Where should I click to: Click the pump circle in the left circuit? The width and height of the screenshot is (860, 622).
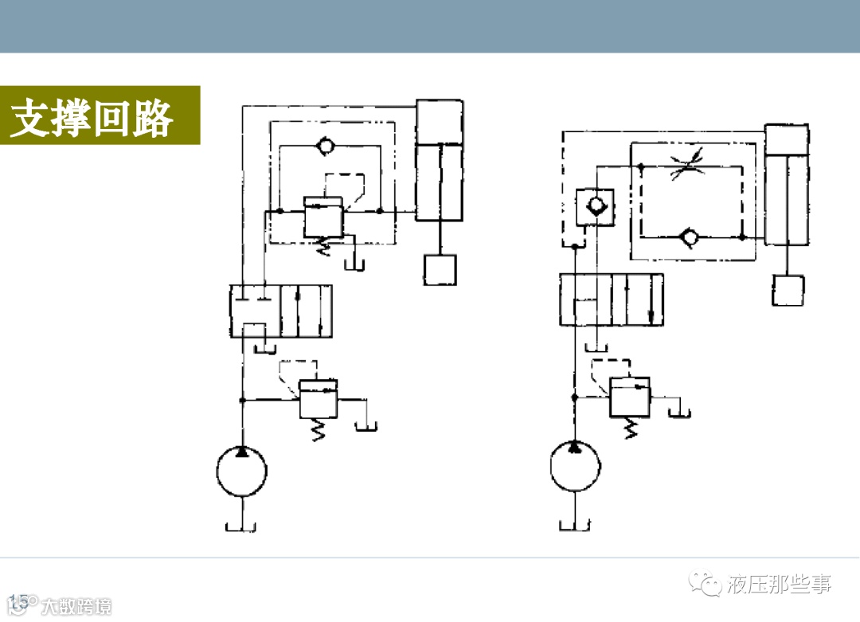point(241,471)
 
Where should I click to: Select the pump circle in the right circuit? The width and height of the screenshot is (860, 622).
point(575,465)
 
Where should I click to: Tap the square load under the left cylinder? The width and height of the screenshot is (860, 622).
point(440,269)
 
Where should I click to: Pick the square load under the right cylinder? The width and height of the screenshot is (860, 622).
point(788,290)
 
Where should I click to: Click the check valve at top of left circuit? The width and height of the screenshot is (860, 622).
point(325,147)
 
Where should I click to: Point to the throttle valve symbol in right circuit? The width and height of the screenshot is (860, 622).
point(686,168)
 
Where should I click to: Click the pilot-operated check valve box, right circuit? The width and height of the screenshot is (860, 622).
point(594,207)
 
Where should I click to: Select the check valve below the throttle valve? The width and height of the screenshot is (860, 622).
point(690,237)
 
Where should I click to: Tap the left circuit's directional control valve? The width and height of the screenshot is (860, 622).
point(280,311)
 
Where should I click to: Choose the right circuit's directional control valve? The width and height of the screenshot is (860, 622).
point(611,299)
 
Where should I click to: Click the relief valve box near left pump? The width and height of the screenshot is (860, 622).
point(318,399)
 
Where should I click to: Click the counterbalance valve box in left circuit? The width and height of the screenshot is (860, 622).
point(323,217)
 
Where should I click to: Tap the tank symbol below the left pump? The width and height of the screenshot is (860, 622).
point(241,526)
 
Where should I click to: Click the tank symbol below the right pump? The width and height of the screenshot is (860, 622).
point(575,524)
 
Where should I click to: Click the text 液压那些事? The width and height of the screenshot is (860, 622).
point(778,585)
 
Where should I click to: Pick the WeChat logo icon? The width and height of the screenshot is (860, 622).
point(705,585)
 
